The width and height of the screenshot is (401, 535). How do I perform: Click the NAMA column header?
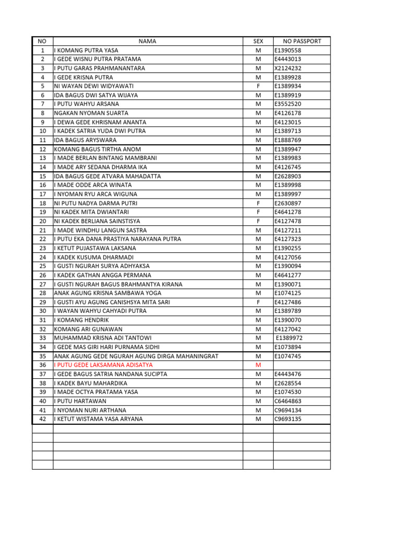tap(147, 41)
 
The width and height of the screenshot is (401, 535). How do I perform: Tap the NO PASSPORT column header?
tap(302, 41)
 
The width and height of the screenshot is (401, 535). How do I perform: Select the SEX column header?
tap(258, 41)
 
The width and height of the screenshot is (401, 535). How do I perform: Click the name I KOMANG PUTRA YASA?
tap(86, 50)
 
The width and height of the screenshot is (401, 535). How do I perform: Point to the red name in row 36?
tap(103, 365)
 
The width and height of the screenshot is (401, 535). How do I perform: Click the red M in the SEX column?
tap(258, 365)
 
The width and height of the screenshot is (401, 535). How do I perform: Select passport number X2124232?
tap(288, 68)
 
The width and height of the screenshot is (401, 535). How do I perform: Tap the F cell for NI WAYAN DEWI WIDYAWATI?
tap(258, 86)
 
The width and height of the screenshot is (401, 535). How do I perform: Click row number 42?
tap(43, 419)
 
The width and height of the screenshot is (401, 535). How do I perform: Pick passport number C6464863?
tap(288, 401)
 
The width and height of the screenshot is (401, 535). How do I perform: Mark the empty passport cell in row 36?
tap(302, 365)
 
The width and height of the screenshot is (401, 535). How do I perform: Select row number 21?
tap(43, 230)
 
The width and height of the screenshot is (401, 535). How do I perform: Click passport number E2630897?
tap(288, 203)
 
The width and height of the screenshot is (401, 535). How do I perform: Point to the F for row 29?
tap(258, 302)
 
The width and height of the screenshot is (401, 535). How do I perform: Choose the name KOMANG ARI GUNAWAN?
tap(88, 329)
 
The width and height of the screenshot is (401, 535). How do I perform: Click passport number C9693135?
tap(288, 419)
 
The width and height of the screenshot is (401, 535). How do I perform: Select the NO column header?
tap(43, 41)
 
